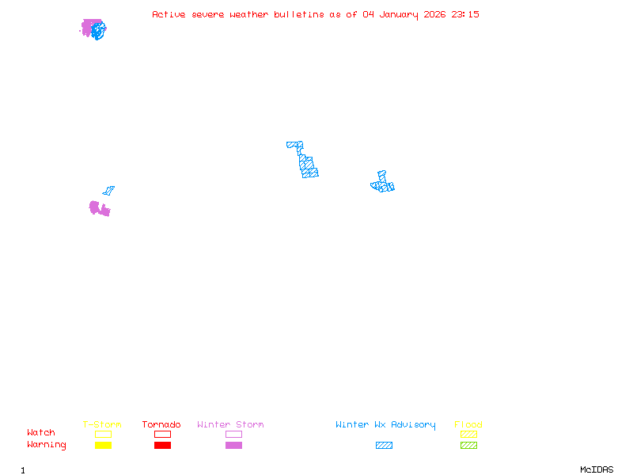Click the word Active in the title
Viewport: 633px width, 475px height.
[169, 14]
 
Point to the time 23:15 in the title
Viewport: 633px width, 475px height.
[465, 14]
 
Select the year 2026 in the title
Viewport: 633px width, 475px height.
[434, 14]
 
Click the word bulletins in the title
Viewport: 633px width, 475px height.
[299, 14]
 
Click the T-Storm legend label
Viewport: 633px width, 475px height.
[102, 425]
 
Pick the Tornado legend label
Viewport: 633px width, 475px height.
[161, 425]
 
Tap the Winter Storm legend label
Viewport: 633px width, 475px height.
[230, 425]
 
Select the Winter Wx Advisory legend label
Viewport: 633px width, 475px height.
[385, 425]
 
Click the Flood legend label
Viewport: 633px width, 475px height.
[468, 425]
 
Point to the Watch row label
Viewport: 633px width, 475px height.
[41, 433]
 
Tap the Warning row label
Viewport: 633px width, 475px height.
[47, 445]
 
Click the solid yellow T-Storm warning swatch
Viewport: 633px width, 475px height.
[103, 446]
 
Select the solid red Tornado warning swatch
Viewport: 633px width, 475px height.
[162, 446]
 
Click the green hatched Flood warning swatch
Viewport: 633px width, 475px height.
[468, 446]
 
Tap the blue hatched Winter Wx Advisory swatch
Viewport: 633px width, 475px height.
[384, 446]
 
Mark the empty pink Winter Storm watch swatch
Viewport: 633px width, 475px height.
[233, 435]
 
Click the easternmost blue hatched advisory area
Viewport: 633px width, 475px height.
[383, 184]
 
